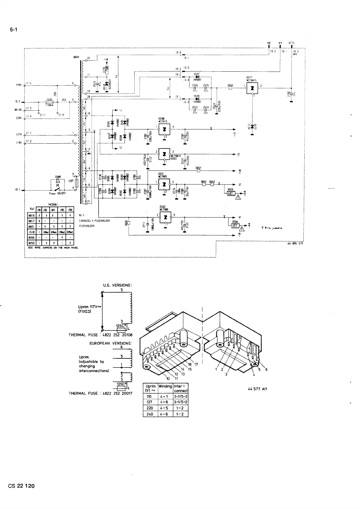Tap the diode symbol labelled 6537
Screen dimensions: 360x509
tap(197, 77)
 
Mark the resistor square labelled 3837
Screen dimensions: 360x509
tap(198, 171)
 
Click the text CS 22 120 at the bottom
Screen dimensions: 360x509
tap(21, 494)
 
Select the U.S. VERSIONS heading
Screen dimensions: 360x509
tap(117, 285)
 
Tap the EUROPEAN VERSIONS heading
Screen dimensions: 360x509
tap(111, 344)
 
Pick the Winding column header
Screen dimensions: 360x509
tap(165, 386)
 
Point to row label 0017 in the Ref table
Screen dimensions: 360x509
tap(31, 221)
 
